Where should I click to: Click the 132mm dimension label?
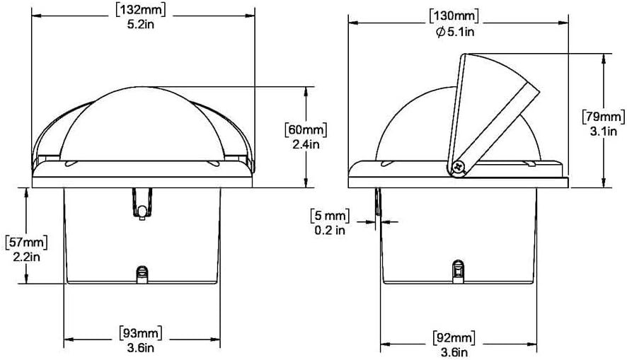pos(140,10)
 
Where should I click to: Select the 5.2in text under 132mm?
pos(140,25)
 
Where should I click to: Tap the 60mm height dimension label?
pos(306,130)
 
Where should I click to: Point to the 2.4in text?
pos(306,144)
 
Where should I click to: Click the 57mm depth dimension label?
pos(26,242)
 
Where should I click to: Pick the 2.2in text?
pos(26,257)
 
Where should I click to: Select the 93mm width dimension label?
pos(140,333)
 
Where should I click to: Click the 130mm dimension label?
pos(454,16)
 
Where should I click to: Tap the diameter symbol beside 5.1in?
pos(440,32)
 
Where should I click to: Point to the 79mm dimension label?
pos(604,116)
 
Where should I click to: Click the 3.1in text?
pos(604,131)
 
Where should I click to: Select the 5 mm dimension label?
pos(330,216)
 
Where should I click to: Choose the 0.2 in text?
pos(330,230)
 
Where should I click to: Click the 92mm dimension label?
pos(454,337)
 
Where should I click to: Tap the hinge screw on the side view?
pos(459,168)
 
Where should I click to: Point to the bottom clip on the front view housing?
pos(142,274)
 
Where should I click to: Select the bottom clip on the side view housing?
pos(458,272)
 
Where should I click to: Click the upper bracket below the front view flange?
pos(142,204)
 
